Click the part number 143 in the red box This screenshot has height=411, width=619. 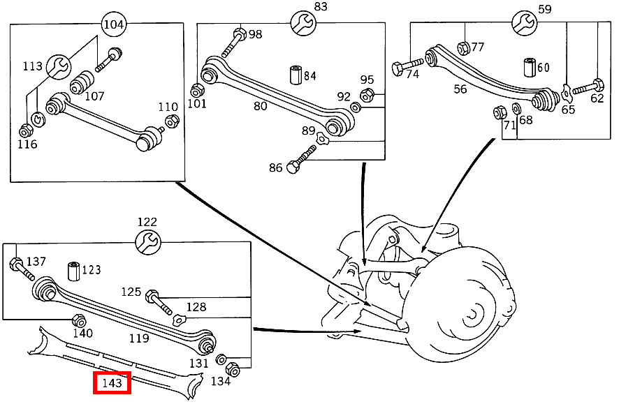tap(112, 383)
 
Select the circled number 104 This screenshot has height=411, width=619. tap(114, 24)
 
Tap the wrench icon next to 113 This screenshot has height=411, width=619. tap(59, 67)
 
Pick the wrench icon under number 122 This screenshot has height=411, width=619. tap(147, 242)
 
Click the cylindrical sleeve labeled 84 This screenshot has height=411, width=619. tap(294, 75)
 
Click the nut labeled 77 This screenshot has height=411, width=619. tap(462, 47)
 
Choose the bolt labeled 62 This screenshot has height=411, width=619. tap(589, 87)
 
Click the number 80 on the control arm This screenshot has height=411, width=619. tap(260, 106)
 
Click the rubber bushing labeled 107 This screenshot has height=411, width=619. tap(82, 82)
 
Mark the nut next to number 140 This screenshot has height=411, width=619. tap(79, 320)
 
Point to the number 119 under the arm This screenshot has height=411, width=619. tap(139, 338)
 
